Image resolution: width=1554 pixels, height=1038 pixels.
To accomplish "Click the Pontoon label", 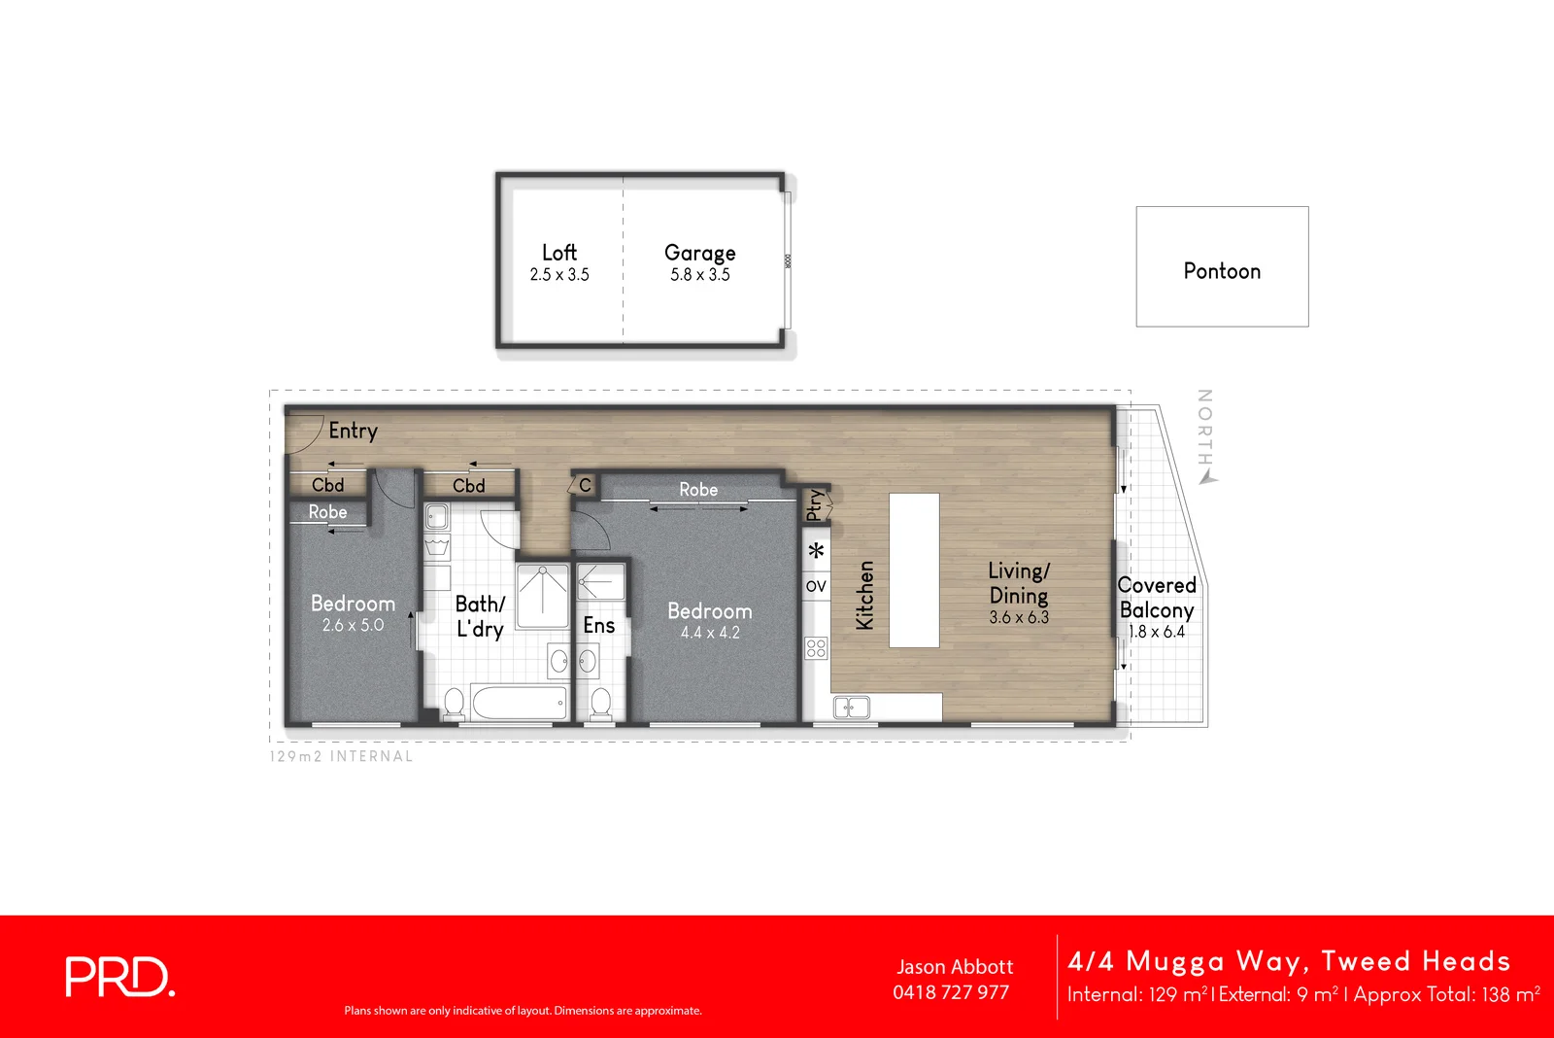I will pos(1222,271).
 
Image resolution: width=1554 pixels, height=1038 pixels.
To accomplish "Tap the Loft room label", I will pos(559,253).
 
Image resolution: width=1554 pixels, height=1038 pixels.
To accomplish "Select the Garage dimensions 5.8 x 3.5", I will pos(699,275).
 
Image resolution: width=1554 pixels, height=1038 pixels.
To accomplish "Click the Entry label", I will pos(353,431).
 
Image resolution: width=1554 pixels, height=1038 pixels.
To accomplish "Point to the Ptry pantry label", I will pos(815,504).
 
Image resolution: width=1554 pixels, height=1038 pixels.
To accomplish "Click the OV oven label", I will pos(816,586).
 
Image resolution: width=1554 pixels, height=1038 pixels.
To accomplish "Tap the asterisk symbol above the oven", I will pos(817,551).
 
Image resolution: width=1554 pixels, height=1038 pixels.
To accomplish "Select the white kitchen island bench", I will pos(914,571).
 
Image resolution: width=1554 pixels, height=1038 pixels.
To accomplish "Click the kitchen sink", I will pos(851,708).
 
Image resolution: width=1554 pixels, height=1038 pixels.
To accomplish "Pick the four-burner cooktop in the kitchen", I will pos(816,648).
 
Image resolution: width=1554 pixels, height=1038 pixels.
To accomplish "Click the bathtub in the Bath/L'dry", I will pos(519,702).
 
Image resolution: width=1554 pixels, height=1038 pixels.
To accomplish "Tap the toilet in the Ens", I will pos(601,704).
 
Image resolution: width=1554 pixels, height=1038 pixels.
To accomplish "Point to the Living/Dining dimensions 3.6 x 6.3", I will pos(1019,617).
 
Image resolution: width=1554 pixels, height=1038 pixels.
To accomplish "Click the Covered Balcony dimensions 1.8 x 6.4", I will pos(1156,632).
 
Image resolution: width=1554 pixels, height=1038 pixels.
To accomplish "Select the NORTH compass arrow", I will pos(1206,476).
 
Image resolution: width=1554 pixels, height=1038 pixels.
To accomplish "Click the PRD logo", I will pos(119,977).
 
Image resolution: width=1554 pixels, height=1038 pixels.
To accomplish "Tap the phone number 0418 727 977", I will pos(951,992).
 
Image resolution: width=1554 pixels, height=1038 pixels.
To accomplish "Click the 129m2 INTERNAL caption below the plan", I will pos(341,756).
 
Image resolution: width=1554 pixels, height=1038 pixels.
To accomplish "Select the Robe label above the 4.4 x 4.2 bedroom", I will pos(698,490).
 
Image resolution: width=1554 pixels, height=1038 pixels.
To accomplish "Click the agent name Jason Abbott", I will pos(955,967).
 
